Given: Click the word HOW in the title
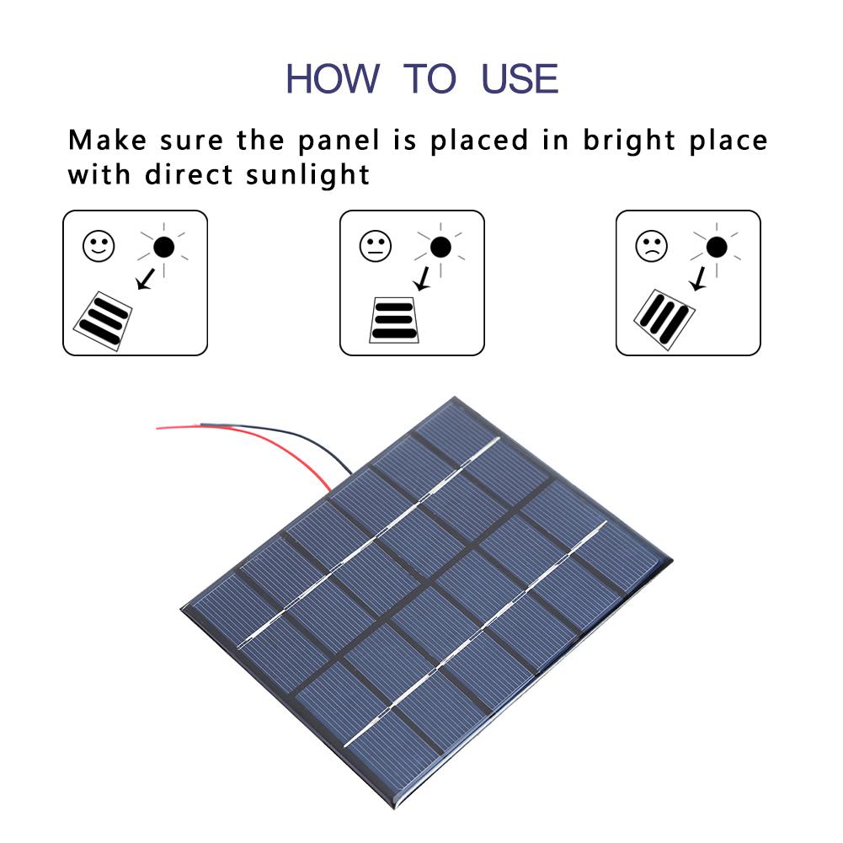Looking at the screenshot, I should [333, 78].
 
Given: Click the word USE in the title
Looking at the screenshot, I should [520, 78].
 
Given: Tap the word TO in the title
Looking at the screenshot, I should [430, 78].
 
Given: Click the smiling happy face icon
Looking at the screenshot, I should [98, 246].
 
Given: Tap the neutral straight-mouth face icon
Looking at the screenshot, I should [375, 246].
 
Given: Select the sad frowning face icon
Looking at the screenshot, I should [651, 246].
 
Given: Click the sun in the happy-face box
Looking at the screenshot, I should [164, 247].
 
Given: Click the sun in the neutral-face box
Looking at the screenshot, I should [440, 247].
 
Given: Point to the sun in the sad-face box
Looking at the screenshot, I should [717, 247].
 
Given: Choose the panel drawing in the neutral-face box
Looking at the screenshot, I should [394, 320].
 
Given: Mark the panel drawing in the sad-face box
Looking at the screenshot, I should [664, 319].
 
